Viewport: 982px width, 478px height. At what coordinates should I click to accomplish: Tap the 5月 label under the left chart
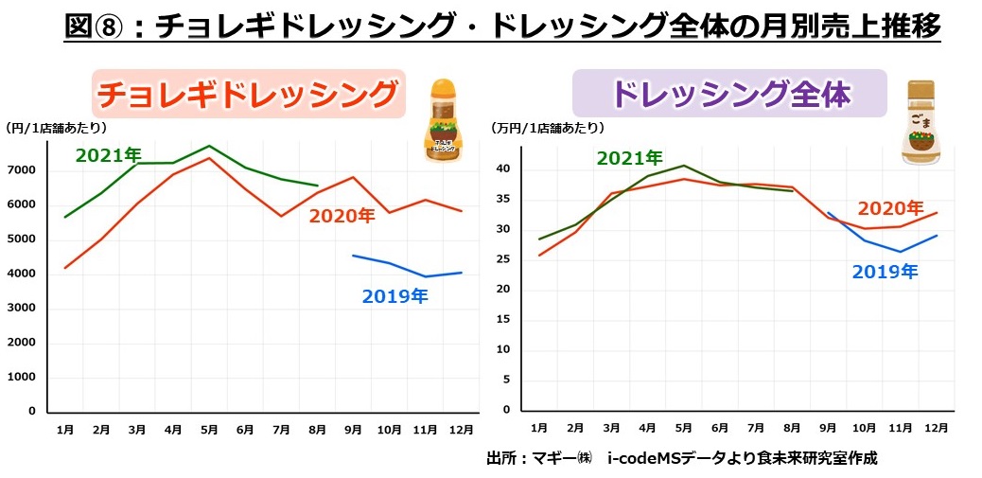point(209,430)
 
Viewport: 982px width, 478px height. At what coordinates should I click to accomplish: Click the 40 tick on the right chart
point(501,169)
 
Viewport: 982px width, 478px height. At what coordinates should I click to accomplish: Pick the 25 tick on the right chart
point(501,259)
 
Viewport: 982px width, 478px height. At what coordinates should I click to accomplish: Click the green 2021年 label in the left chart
point(108,155)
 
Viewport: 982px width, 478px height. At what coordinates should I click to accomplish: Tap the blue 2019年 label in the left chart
point(395,297)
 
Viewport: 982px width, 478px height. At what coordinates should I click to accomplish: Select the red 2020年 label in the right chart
point(890,208)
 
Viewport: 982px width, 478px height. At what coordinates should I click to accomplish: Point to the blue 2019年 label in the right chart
point(885,272)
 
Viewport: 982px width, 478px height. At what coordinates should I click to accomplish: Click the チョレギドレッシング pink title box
point(248,94)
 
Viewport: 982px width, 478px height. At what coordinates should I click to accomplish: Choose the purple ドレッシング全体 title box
point(729,94)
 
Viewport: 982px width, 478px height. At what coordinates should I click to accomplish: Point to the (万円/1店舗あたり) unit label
point(547,127)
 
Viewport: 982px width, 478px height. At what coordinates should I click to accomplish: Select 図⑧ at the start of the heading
point(91,26)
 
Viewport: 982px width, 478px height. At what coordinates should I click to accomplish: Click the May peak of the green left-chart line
point(209,146)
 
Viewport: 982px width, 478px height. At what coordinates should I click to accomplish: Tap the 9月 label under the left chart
point(352,430)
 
